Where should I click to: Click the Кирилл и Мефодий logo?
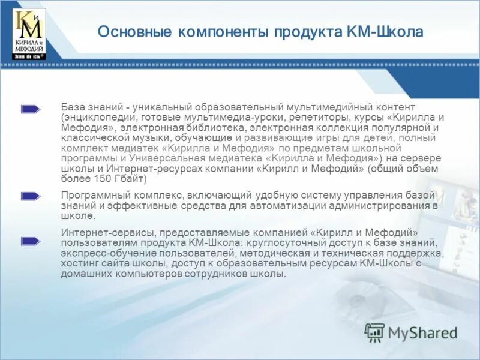(x=28, y=34)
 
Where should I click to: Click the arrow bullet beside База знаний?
(x=31, y=109)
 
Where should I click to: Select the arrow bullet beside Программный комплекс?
(x=31, y=196)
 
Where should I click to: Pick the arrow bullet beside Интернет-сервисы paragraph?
(x=31, y=241)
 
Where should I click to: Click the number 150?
(x=101, y=179)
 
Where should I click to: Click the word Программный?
(x=92, y=195)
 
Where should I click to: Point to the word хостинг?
(x=79, y=263)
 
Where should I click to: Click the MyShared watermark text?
(x=422, y=332)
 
